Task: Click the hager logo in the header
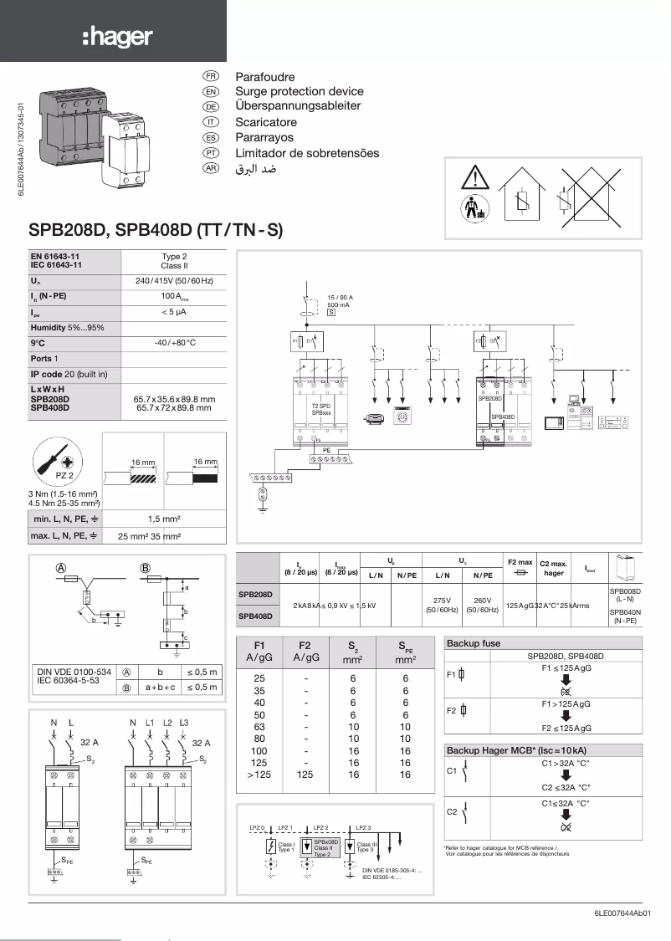click(x=117, y=37)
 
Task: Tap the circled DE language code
click(x=211, y=106)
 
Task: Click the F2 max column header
click(x=520, y=563)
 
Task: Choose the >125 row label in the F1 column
click(x=259, y=775)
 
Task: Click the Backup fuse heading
click(x=474, y=644)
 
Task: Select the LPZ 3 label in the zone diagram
click(x=363, y=827)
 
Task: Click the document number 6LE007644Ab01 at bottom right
click(x=616, y=913)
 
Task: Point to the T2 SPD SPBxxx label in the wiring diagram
click(x=321, y=409)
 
